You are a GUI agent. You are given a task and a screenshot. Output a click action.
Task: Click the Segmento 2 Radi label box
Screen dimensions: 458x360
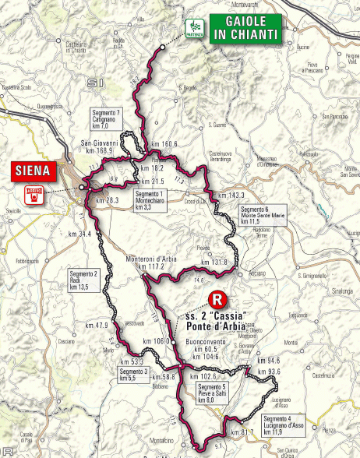point(83,281)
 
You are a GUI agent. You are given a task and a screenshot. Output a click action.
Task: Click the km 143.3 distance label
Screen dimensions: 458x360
point(231,196)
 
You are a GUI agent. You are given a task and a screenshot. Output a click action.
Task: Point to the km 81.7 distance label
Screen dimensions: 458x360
point(242,432)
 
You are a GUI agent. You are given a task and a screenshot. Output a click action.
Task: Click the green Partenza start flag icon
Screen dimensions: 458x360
point(193,29)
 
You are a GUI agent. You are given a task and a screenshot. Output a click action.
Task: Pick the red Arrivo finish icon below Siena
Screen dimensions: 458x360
point(32,195)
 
